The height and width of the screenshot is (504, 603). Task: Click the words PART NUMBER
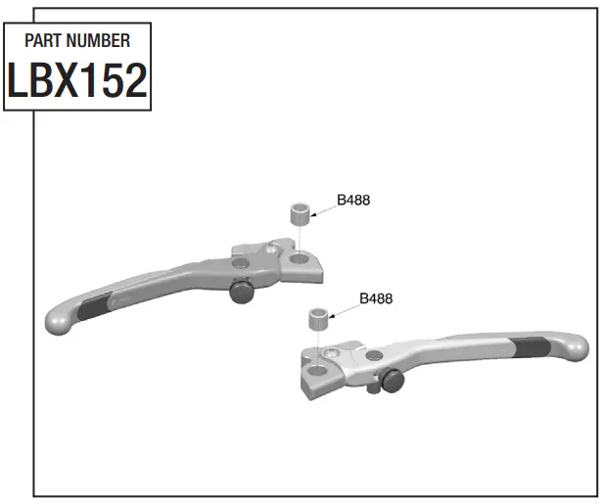tap(77, 41)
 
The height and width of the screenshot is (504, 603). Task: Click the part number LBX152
tap(77, 81)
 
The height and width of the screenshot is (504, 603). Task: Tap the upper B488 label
tap(353, 201)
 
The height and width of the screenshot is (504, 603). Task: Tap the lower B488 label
tap(376, 299)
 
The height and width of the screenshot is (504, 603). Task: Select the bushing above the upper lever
tap(301, 213)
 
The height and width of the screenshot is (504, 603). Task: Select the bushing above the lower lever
tap(319, 319)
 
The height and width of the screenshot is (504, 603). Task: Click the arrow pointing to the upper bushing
tap(324, 208)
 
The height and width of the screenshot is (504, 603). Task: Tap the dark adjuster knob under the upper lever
tap(240, 291)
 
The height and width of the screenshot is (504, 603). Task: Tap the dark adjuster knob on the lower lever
tap(393, 380)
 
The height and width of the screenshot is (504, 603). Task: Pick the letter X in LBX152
tap(77, 81)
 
